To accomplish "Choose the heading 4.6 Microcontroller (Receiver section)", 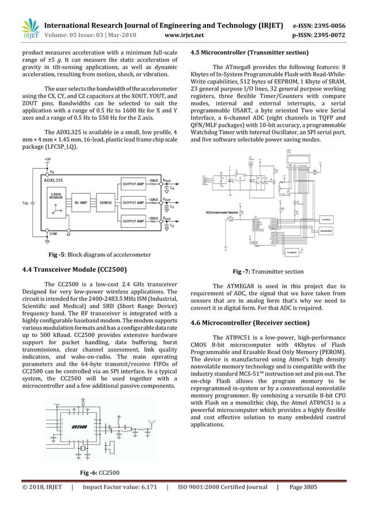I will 246,322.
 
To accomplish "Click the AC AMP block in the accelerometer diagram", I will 81,203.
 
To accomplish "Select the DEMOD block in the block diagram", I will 106,203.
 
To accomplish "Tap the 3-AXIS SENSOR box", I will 56,196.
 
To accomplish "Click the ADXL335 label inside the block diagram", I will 54,180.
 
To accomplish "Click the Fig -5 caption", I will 99,254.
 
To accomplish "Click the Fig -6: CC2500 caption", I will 99,473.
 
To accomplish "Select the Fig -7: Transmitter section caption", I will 268,271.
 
